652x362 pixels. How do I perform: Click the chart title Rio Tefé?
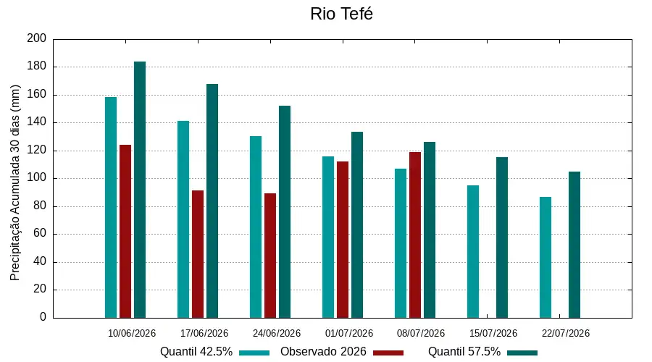(341, 14)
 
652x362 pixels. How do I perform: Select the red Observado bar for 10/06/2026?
(125, 232)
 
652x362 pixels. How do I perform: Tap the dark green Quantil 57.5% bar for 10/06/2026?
(140, 190)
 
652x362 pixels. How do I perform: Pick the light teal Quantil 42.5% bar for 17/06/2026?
(183, 219)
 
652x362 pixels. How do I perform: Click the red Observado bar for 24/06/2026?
(270, 256)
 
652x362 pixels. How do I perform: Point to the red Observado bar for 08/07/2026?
(415, 235)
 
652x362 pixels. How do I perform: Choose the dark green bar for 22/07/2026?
(574, 245)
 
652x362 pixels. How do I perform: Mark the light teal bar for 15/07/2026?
(473, 252)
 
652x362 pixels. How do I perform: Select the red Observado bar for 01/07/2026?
(343, 240)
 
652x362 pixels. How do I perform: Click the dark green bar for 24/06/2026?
(285, 212)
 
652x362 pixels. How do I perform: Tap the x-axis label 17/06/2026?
(204, 333)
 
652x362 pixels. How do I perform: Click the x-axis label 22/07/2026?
(566, 333)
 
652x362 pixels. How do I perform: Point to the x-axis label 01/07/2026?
(349, 333)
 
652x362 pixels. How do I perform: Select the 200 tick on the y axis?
(37, 38)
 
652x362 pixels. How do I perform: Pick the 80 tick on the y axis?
(40, 206)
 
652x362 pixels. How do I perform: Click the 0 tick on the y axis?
(43, 317)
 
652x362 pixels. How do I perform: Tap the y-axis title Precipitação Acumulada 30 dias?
(15, 183)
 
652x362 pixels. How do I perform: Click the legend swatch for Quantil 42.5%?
(254, 353)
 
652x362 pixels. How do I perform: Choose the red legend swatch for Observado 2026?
(388, 353)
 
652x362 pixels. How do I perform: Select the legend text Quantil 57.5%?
(464, 352)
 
